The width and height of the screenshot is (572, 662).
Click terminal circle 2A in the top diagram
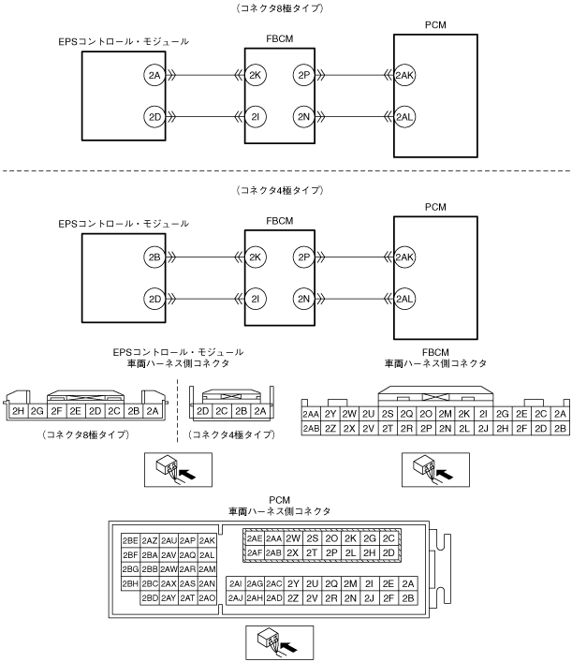pos(154,75)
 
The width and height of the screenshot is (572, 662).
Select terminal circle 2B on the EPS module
pos(154,257)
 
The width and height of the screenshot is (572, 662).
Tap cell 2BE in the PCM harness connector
pos(130,540)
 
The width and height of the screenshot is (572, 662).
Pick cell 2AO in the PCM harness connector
pos(207,597)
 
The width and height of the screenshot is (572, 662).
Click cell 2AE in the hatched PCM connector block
pos(255,538)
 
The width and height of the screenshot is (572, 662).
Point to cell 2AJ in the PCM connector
pos(236,597)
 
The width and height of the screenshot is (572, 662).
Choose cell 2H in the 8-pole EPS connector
pos(18,411)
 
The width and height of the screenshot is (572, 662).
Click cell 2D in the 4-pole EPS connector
pos(203,411)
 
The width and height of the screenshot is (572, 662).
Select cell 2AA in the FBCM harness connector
pos(311,414)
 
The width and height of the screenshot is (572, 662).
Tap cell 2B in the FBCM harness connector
pos(560,429)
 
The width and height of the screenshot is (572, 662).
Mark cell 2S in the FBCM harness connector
pos(388,414)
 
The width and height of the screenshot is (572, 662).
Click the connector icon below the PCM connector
pos(280,642)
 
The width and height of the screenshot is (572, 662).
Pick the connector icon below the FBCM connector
pos(435,470)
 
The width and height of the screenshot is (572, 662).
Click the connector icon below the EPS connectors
pos(178,470)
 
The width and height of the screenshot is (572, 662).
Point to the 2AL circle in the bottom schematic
pos(404,299)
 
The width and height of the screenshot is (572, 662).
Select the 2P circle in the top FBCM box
pos(304,75)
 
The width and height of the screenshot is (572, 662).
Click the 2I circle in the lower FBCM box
pos(256,299)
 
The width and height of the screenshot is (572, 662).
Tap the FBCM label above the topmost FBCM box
pos(280,38)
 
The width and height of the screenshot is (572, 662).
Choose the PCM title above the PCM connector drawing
pos(280,500)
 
